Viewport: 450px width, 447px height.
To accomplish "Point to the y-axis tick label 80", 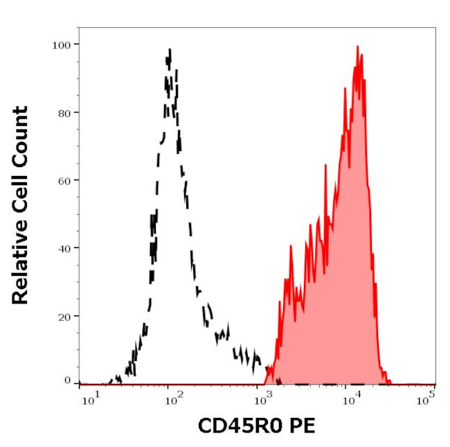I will click(x=64, y=112).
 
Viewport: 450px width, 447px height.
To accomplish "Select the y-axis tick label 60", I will click(x=64, y=180).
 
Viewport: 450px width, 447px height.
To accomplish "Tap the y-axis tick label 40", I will click(x=64, y=247).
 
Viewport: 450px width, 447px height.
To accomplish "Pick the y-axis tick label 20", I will click(x=64, y=315).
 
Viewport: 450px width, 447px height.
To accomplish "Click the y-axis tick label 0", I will click(x=67, y=381).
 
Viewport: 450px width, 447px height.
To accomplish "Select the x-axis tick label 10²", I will click(x=173, y=396).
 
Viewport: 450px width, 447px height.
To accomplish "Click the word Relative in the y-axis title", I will click(x=21, y=268).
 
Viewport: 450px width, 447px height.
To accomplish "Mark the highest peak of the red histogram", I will click(x=357, y=46).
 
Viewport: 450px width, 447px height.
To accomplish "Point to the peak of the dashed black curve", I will click(x=170, y=50).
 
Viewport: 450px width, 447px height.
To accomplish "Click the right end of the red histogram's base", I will click(x=390, y=383).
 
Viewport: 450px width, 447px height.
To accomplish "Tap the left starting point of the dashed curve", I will click(x=109, y=382).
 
